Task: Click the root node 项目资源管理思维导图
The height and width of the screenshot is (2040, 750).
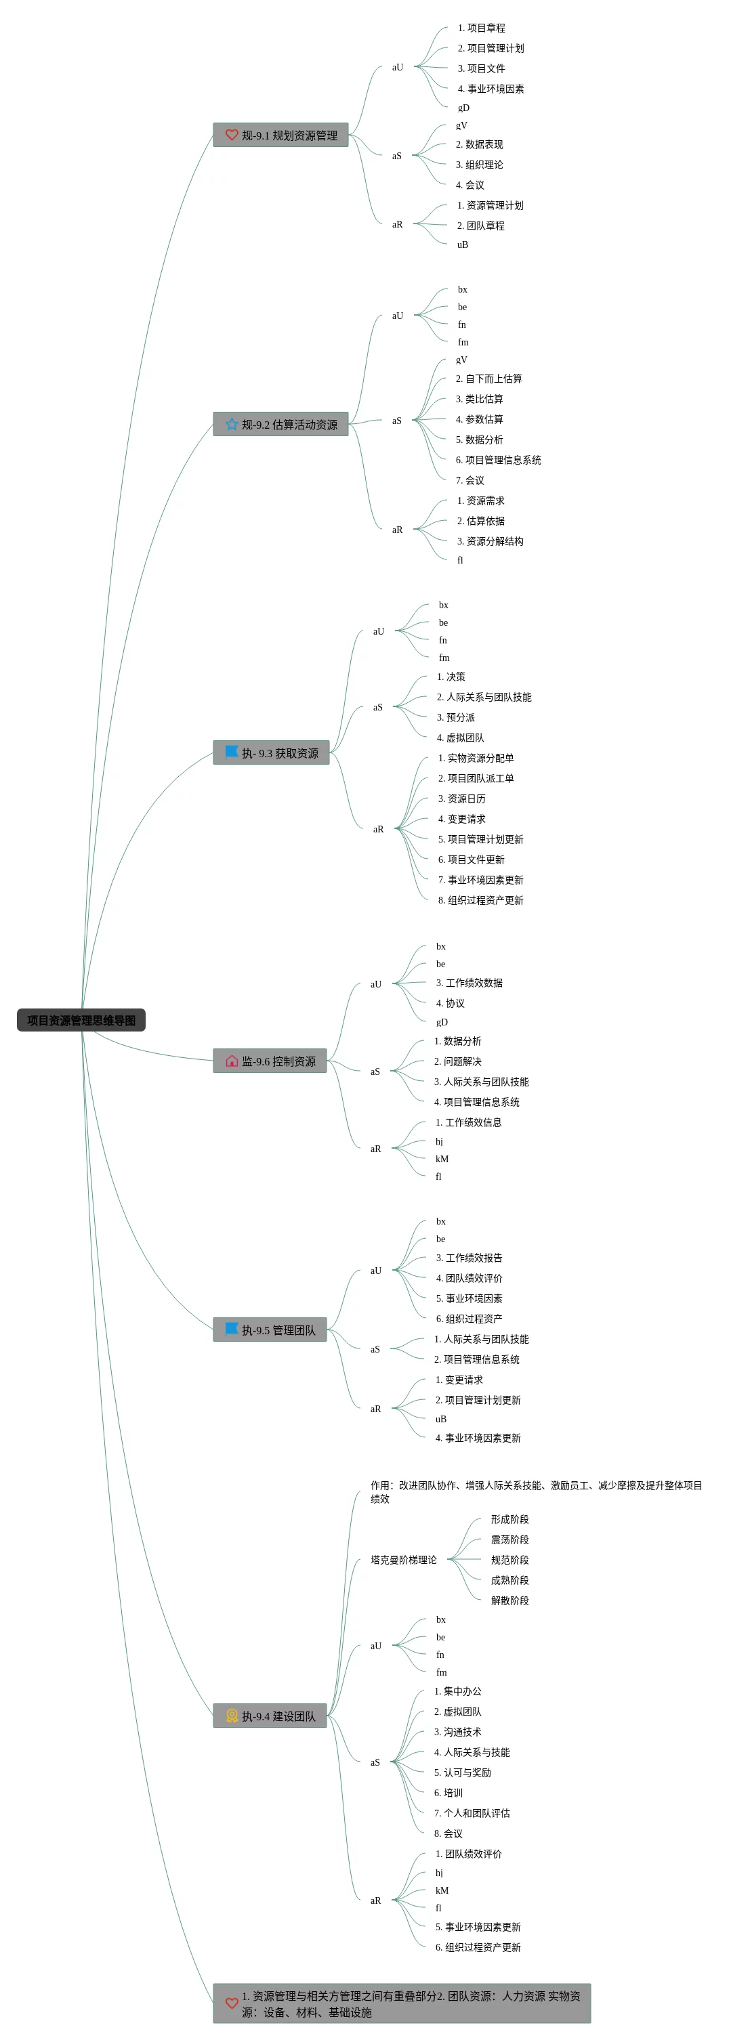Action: click(x=81, y=1020)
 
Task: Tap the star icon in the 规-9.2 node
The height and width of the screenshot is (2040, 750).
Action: click(x=231, y=425)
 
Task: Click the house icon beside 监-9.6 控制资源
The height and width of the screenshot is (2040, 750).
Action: click(x=231, y=1061)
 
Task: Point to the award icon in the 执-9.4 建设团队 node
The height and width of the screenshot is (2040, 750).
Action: click(x=231, y=1716)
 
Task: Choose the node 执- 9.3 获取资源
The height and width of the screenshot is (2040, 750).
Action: click(x=271, y=753)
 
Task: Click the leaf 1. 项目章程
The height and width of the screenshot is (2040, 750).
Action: click(x=481, y=28)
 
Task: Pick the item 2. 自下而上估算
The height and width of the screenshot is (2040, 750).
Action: click(x=488, y=379)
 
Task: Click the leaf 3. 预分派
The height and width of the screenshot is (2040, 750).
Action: click(x=455, y=717)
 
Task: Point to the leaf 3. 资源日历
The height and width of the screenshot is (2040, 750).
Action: click(x=462, y=799)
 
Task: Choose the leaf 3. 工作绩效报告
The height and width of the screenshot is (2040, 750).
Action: click(x=469, y=1258)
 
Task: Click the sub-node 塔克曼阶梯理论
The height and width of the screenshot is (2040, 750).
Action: click(x=403, y=1560)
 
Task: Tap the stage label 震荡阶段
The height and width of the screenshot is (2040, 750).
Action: click(x=509, y=1539)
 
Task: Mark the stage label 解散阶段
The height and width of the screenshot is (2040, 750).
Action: click(x=509, y=1600)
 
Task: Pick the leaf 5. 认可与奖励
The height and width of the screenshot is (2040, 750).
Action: click(x=462, y=1773)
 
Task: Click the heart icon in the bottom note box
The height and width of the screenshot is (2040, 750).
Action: click(x=231, y=2003)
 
